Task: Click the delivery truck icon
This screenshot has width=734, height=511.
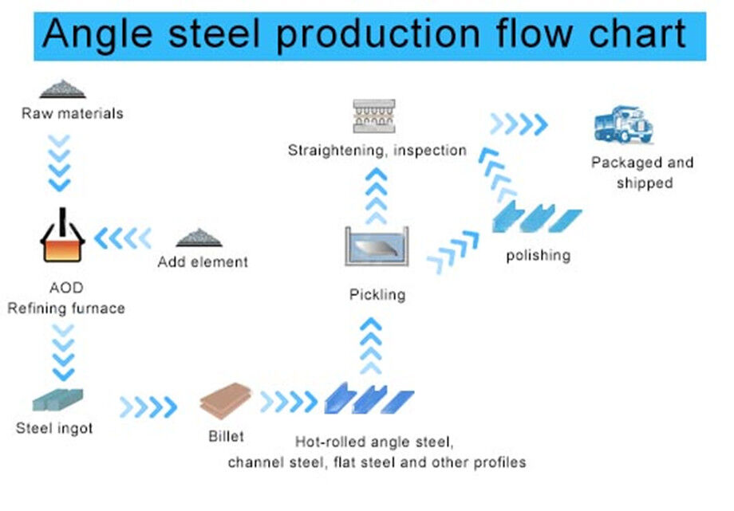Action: (623, 126)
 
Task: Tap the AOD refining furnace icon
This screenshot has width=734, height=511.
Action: (62, 237)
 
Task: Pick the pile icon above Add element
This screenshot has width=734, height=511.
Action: (199, 238)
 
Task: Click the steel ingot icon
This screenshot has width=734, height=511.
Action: (57, 399)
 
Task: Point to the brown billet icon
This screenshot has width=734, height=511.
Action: (226, 401)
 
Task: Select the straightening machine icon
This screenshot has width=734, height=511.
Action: (374, 116)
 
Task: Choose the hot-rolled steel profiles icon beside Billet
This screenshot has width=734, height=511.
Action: (369, 398)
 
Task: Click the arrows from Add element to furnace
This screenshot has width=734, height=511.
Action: (122, 238)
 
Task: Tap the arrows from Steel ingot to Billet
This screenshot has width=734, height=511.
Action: (148, 407)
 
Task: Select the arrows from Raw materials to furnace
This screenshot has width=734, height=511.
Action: (60, 163)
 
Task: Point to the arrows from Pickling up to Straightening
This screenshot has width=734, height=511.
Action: (376, 196)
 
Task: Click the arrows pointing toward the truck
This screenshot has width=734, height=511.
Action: (519, 124)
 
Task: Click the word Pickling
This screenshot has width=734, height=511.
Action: (377, 295)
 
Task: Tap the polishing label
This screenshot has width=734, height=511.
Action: (539, 256)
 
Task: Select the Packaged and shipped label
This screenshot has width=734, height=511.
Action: (642, 172)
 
